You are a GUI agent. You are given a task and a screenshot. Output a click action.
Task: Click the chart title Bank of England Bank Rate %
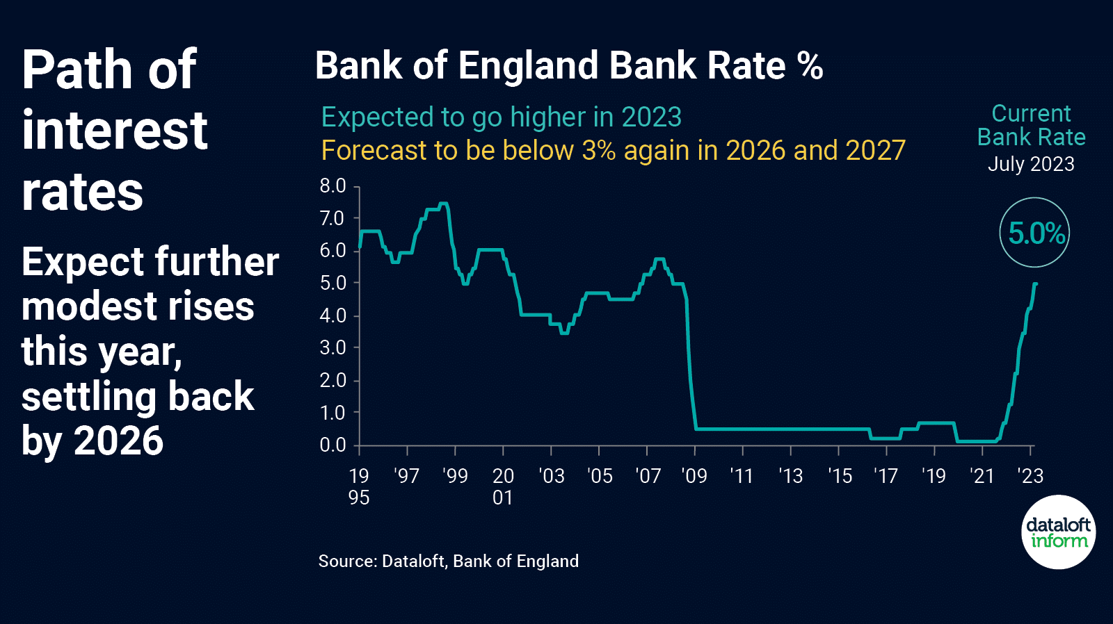[x=569, y=66]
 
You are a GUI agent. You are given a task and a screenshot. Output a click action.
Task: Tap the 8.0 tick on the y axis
[x=333, y=186]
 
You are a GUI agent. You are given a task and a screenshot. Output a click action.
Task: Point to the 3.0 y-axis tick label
[x=333, y=347]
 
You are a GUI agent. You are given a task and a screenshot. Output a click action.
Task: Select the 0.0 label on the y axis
[x=333, y=445]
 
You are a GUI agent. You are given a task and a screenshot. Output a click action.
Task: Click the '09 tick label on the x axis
[x=694, y=476]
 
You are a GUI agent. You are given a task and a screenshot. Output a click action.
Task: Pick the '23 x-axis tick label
[x=1030, y=476]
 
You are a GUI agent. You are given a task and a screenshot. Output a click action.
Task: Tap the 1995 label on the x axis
[x=359, y=486]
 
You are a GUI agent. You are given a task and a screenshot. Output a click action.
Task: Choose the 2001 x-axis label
[x=503, y=486]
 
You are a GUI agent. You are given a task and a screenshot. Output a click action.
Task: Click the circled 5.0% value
[x=1035, y=233]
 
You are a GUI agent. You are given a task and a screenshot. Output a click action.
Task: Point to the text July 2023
[x=1031, y=164]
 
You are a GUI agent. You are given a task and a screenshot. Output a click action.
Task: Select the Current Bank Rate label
[x=1031, y=126]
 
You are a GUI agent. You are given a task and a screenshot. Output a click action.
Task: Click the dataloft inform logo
[x=1058, y=532]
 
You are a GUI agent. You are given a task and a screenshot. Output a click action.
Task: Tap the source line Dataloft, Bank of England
[x=449, y=561]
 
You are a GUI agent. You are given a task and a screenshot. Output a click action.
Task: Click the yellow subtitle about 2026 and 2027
[x=613, y=150]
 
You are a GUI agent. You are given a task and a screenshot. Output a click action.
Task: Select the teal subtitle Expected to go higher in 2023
[x=501, y=117]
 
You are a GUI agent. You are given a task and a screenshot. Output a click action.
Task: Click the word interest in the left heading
[x=115, y=131]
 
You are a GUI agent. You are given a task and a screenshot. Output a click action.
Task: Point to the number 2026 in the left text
[x=118, y=441]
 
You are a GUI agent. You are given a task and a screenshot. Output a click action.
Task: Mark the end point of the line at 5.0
[x=1036, y=284]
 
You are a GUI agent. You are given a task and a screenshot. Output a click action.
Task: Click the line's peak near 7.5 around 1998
[x=443, y=204]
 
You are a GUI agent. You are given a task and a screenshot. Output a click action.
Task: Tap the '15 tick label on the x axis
[x=840, y=476]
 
